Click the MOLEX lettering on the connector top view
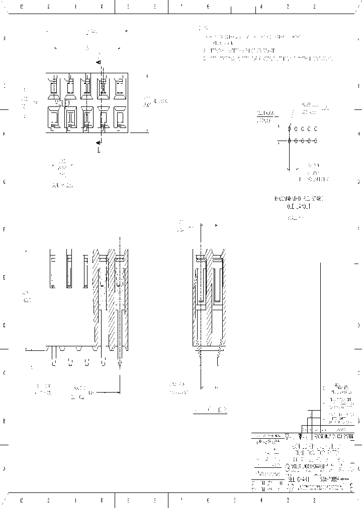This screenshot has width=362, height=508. tap(61, 103)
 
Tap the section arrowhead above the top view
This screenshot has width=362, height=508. tap(99, 62)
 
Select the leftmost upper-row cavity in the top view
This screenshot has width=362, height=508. tap(53, 88)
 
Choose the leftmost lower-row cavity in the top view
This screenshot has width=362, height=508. tap(53, 119)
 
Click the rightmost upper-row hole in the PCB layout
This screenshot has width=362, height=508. tap(315, 129)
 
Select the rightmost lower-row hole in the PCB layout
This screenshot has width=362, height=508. tap(315, 142)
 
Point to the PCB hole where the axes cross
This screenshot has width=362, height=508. tap(290, 142)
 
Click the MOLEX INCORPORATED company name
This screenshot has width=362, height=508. tap(312, 466)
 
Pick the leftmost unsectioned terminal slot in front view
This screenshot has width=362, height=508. tap(52, 271)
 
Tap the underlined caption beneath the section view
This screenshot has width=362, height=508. tap(211, 410)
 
